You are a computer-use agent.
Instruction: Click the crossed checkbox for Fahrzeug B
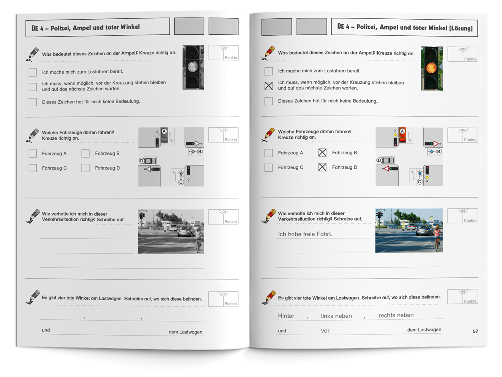click(x=322, y=153)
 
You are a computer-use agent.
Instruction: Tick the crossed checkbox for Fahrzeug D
click(x=322, y=167)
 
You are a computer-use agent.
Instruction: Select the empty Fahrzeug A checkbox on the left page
click(x=33, y=153)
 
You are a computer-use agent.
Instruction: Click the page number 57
click(x=476, y=331)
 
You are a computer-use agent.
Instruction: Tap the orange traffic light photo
click(x=432, y=68)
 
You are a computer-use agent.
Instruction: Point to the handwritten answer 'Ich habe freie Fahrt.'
click(x=305, y=234)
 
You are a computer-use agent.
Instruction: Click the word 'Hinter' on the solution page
click(x=286, y=316)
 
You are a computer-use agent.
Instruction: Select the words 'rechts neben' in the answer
click(x=396, y=315)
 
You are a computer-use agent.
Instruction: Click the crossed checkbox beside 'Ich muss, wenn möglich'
click(x=269, y=86)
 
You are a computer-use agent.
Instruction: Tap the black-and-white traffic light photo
click(x=193, y=67)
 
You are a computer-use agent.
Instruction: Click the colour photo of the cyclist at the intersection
click(x=409, y=231)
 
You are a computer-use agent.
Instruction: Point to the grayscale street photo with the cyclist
click(x=171, y=231)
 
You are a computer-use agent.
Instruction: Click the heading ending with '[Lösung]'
click(x=405, y=27)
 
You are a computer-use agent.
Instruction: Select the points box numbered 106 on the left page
click(x=223, y=53)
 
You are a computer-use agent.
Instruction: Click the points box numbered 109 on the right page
click(x=463, y=297)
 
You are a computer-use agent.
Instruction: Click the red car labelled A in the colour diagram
click(x=402, y=136)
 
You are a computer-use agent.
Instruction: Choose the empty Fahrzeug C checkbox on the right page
click(x=269, y=167)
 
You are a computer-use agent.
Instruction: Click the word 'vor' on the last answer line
click(x=325, y=331)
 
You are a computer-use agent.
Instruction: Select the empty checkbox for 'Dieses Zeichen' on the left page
click(x=33, y=102)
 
